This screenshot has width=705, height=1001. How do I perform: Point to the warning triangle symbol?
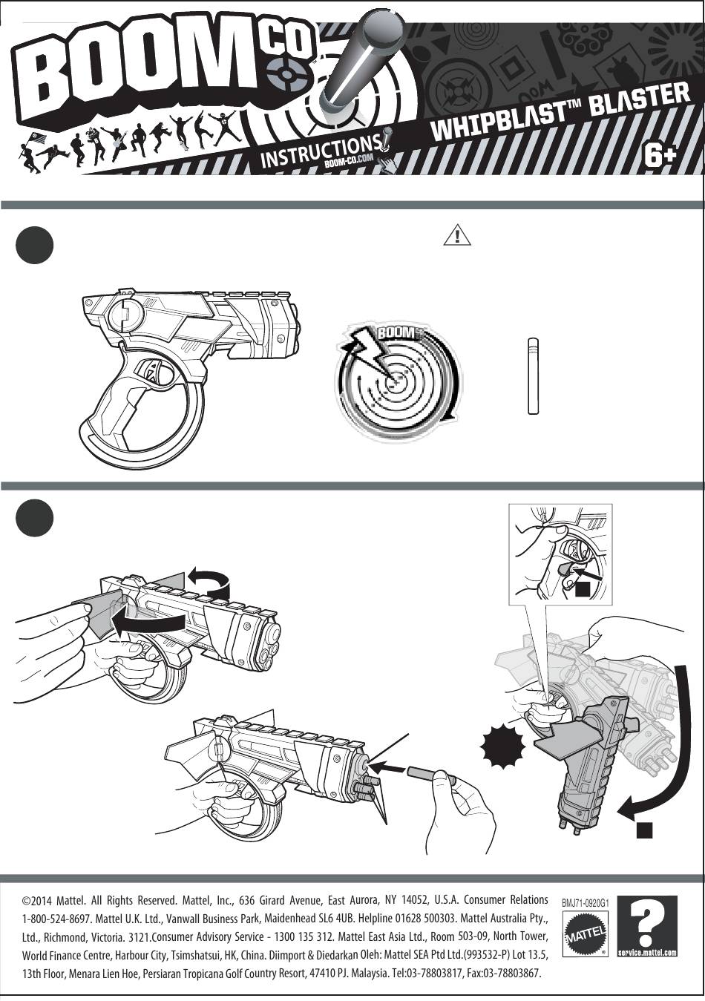(457, 235)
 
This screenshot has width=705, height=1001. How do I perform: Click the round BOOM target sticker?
(399, 379)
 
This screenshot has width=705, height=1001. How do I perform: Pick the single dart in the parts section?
(532, 375)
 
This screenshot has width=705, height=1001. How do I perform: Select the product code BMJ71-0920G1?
(586, 903)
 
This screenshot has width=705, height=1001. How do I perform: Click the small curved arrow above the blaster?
(209, 580)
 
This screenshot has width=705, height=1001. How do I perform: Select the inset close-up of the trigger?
(560, 552)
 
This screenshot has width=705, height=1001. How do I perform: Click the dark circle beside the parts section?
(34, 246)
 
